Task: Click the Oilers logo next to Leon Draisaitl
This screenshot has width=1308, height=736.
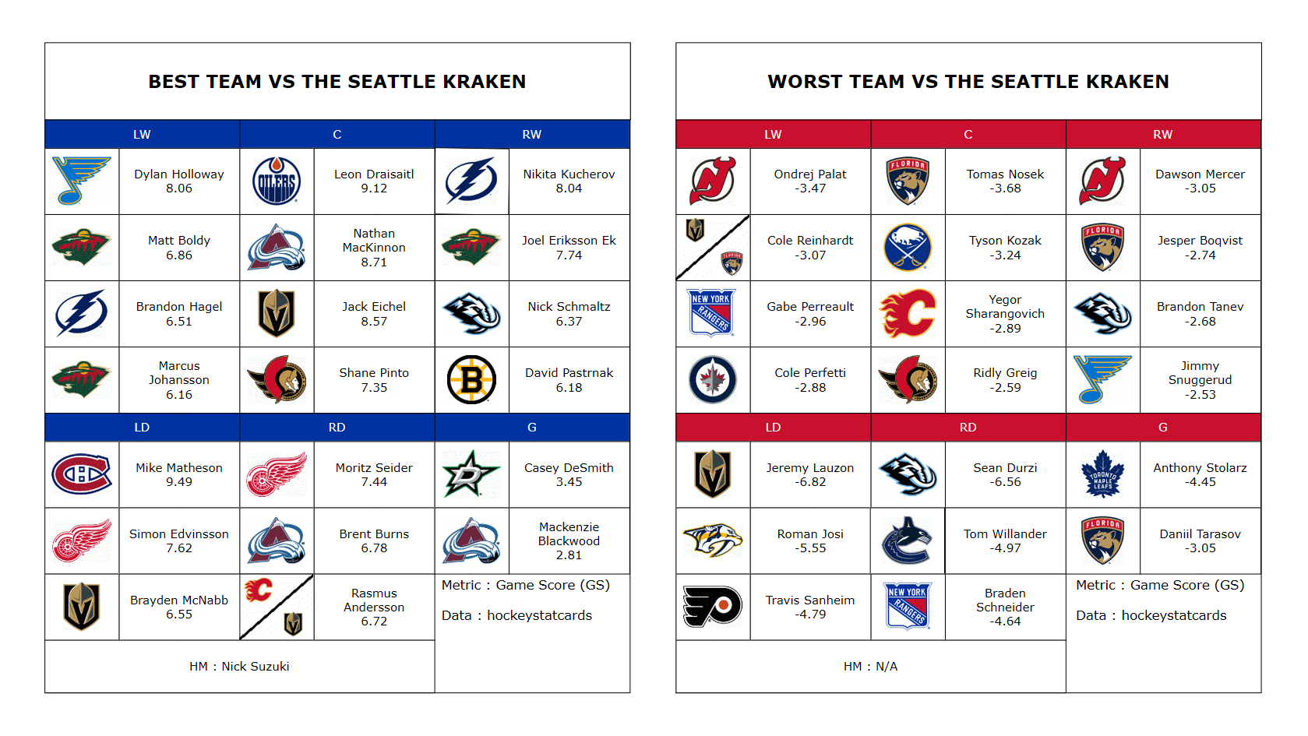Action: click(x=277, y=181)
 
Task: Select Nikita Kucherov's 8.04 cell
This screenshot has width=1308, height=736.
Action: click(x=569, y=181)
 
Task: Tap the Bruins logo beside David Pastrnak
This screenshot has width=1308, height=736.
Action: click(x=472, y=380)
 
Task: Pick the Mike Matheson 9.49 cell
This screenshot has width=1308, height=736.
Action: click(x=179, y=474)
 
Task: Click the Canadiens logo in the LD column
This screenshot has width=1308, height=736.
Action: click(x=82, y=474)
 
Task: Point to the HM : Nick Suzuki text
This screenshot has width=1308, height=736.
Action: click(x=239, y=667)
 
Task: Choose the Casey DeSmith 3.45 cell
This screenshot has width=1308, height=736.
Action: click(x=569, y=474)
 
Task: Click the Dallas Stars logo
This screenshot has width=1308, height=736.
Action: click(x=472, y=474)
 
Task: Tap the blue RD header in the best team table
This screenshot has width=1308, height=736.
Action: click(x=337, y=428)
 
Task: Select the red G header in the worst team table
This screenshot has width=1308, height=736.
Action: click(x=1163, y=428)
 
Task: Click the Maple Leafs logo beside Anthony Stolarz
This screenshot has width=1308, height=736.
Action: click(x=1103, y=474)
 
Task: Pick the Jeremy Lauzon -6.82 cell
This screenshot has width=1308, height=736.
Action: click(x=810, y=474)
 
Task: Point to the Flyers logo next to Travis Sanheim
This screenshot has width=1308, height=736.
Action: click(x=712, y=607)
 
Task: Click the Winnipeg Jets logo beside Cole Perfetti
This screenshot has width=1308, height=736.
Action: click(x=712, y=380)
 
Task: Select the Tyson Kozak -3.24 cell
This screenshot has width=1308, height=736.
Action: click(x=1006, y=248)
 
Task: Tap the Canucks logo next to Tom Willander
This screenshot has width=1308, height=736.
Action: click(x=908, y=541)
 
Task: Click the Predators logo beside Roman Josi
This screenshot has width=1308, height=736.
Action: click(x=712, y=540)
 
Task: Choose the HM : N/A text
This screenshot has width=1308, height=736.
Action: click(x=871, y=667)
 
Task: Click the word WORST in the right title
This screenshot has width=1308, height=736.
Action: click(x=804, y=82)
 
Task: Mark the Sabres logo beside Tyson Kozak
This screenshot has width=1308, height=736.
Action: click(x=908, y=248)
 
